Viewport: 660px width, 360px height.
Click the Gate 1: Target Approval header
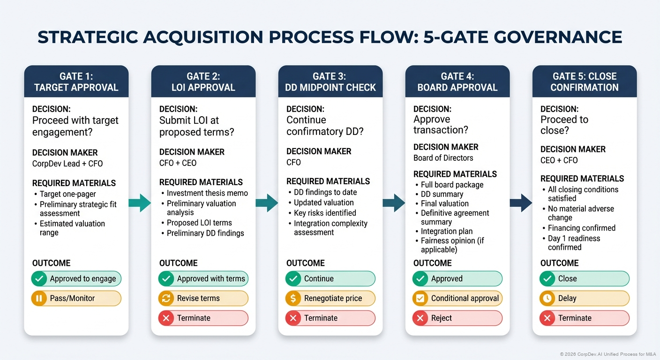point(76,82)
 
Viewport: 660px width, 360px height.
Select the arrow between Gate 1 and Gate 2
point(140,203)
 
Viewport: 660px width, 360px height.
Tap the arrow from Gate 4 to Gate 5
point(521,203)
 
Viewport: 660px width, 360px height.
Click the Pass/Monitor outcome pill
point(76,298)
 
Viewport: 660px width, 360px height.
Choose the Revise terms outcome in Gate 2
point(203,298)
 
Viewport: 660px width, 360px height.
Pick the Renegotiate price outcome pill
point(330,298)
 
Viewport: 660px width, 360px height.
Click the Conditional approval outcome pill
point(457,298)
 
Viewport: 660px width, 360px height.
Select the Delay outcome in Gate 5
point(584,298)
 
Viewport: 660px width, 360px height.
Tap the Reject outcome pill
point(457,318)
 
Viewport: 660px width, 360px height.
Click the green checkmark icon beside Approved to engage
point(39,278)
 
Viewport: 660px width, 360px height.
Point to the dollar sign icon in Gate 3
point(293,298)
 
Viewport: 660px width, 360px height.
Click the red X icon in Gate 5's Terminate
point(547,318)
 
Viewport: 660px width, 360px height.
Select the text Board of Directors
point(443,158)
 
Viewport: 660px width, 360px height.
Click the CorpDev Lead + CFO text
point(67,164)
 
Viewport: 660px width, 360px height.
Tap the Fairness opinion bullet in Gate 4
point(449,245)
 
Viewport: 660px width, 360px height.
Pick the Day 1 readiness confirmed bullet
point(574,242)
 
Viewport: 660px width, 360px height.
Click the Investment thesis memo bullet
point(207,193)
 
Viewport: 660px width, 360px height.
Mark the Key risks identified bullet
point(324,213)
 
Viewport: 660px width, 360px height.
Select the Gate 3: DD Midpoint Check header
point(330,82)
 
